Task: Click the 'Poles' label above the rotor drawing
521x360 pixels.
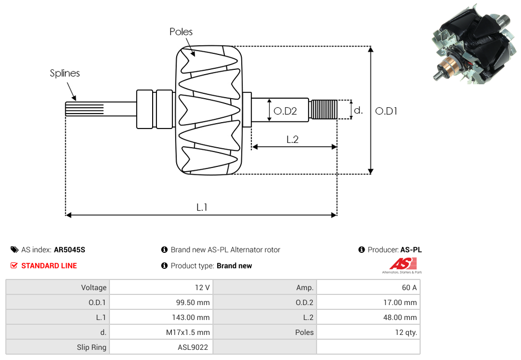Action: (x=181, y=31)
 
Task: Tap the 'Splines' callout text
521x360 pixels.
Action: (x=65, y=73)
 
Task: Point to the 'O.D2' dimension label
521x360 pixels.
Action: (x=285, y=111)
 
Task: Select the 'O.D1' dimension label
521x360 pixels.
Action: (x=386, y=111)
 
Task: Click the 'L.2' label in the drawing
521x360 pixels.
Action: (x=293, y=139)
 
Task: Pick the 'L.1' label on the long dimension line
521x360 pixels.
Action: (x=202, y=207)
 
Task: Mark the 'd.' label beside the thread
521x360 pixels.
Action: (x=358, y=110)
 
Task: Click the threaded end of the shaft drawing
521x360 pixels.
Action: (x=323, y=109)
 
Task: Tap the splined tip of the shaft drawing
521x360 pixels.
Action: (x=84, y=109)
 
